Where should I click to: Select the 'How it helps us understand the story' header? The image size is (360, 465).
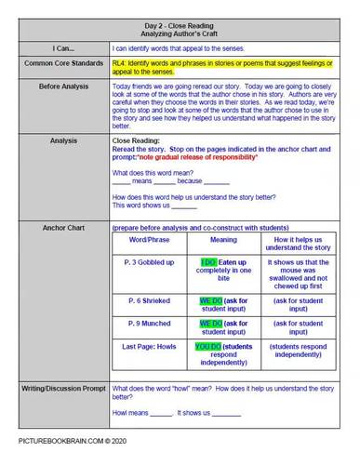point(300,245)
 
